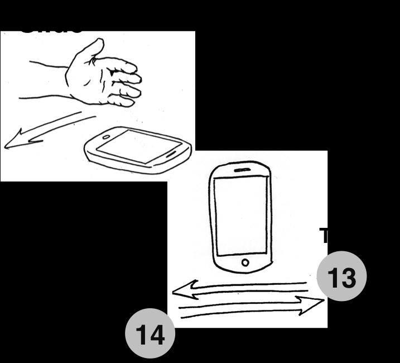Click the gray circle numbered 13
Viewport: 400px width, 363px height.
coord(341,276)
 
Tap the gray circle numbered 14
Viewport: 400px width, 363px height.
coord(150,333)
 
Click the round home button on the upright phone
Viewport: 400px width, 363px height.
coord(245,262)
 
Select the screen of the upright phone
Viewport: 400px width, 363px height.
coord(240,215)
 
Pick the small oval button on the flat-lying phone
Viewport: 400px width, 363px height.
coord(106,137)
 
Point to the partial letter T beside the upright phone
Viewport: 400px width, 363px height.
coord(324,235)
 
